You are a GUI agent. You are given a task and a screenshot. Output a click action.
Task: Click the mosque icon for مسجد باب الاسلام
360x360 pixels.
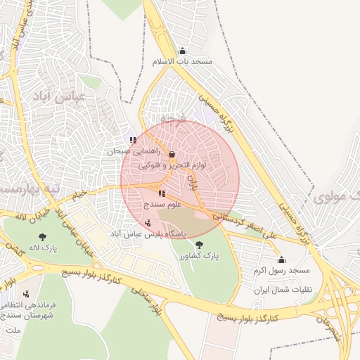(x=183, y=51)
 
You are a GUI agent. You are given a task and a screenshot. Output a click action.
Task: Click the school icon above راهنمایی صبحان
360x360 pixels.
(x=133, y=141)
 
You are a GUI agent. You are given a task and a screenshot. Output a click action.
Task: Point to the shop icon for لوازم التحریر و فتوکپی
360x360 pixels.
(x=172, y=155)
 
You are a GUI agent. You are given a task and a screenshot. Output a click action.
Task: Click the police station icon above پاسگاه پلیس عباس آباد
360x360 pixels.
(x=147, y=223)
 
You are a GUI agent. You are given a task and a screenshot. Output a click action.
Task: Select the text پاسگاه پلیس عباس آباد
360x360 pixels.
(x=140, y=233)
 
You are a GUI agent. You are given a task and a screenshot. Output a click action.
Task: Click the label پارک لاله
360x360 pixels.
(x=44, y=247)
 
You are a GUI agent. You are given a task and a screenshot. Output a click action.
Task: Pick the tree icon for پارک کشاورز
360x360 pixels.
(x=199, y=245)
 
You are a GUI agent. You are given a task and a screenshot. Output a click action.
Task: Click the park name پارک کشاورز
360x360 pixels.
(x=198, y=256)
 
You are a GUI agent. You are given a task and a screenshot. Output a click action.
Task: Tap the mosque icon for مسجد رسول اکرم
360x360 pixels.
(x=281, y=259)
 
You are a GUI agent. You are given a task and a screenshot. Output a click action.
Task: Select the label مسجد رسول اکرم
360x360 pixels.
(x=281, y=271)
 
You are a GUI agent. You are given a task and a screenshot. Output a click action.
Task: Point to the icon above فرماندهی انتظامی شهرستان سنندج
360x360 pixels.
(x=26, y=294)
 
